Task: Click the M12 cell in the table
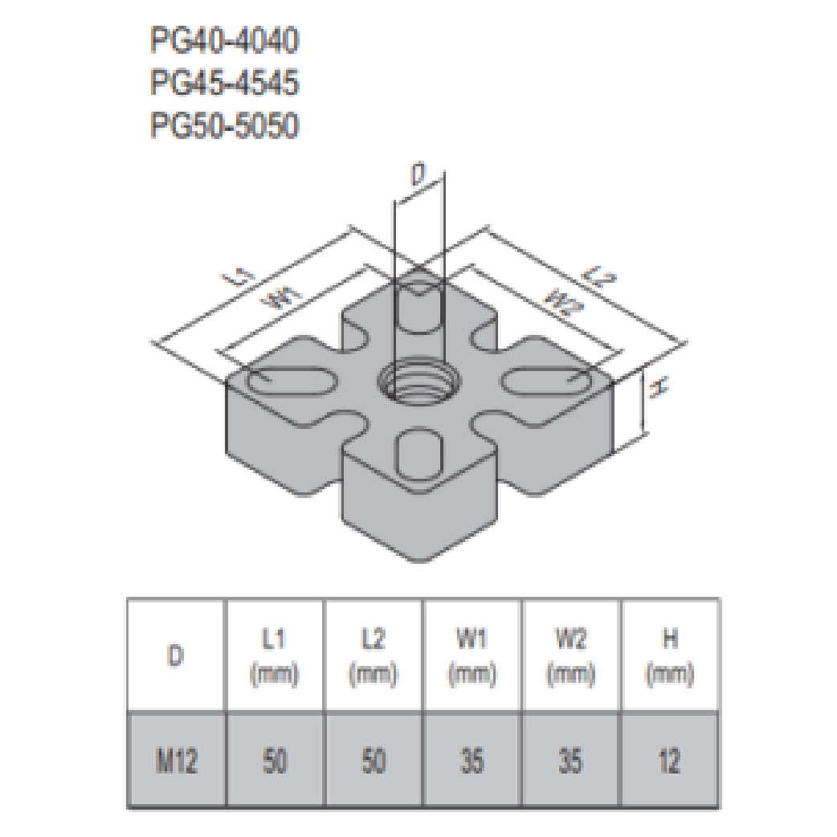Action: pyautogui.click(x=176, y=759)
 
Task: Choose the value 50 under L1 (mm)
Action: pyautogui.click(x=276, y=759)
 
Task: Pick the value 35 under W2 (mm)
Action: pyautogui.click(x=570, y=759)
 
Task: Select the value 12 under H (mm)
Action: pyautogui.click(x=669, y=759)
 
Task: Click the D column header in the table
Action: pyautogui.click(x=176, y=655)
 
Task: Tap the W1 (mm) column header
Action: pyautogui.click(x=472, y=656)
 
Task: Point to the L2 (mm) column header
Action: pyautogui.click(x=374, y=656)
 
